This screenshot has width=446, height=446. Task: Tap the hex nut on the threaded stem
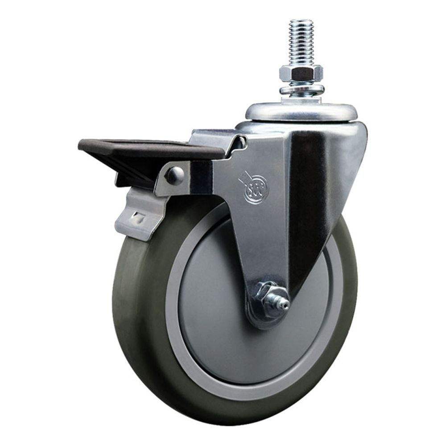tap(301, 73)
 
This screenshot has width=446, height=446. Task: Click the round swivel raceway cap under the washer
tap(301, 111)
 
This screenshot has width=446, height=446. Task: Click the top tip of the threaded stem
tap(301, 21)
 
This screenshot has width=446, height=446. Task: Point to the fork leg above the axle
tap(263, 250)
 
